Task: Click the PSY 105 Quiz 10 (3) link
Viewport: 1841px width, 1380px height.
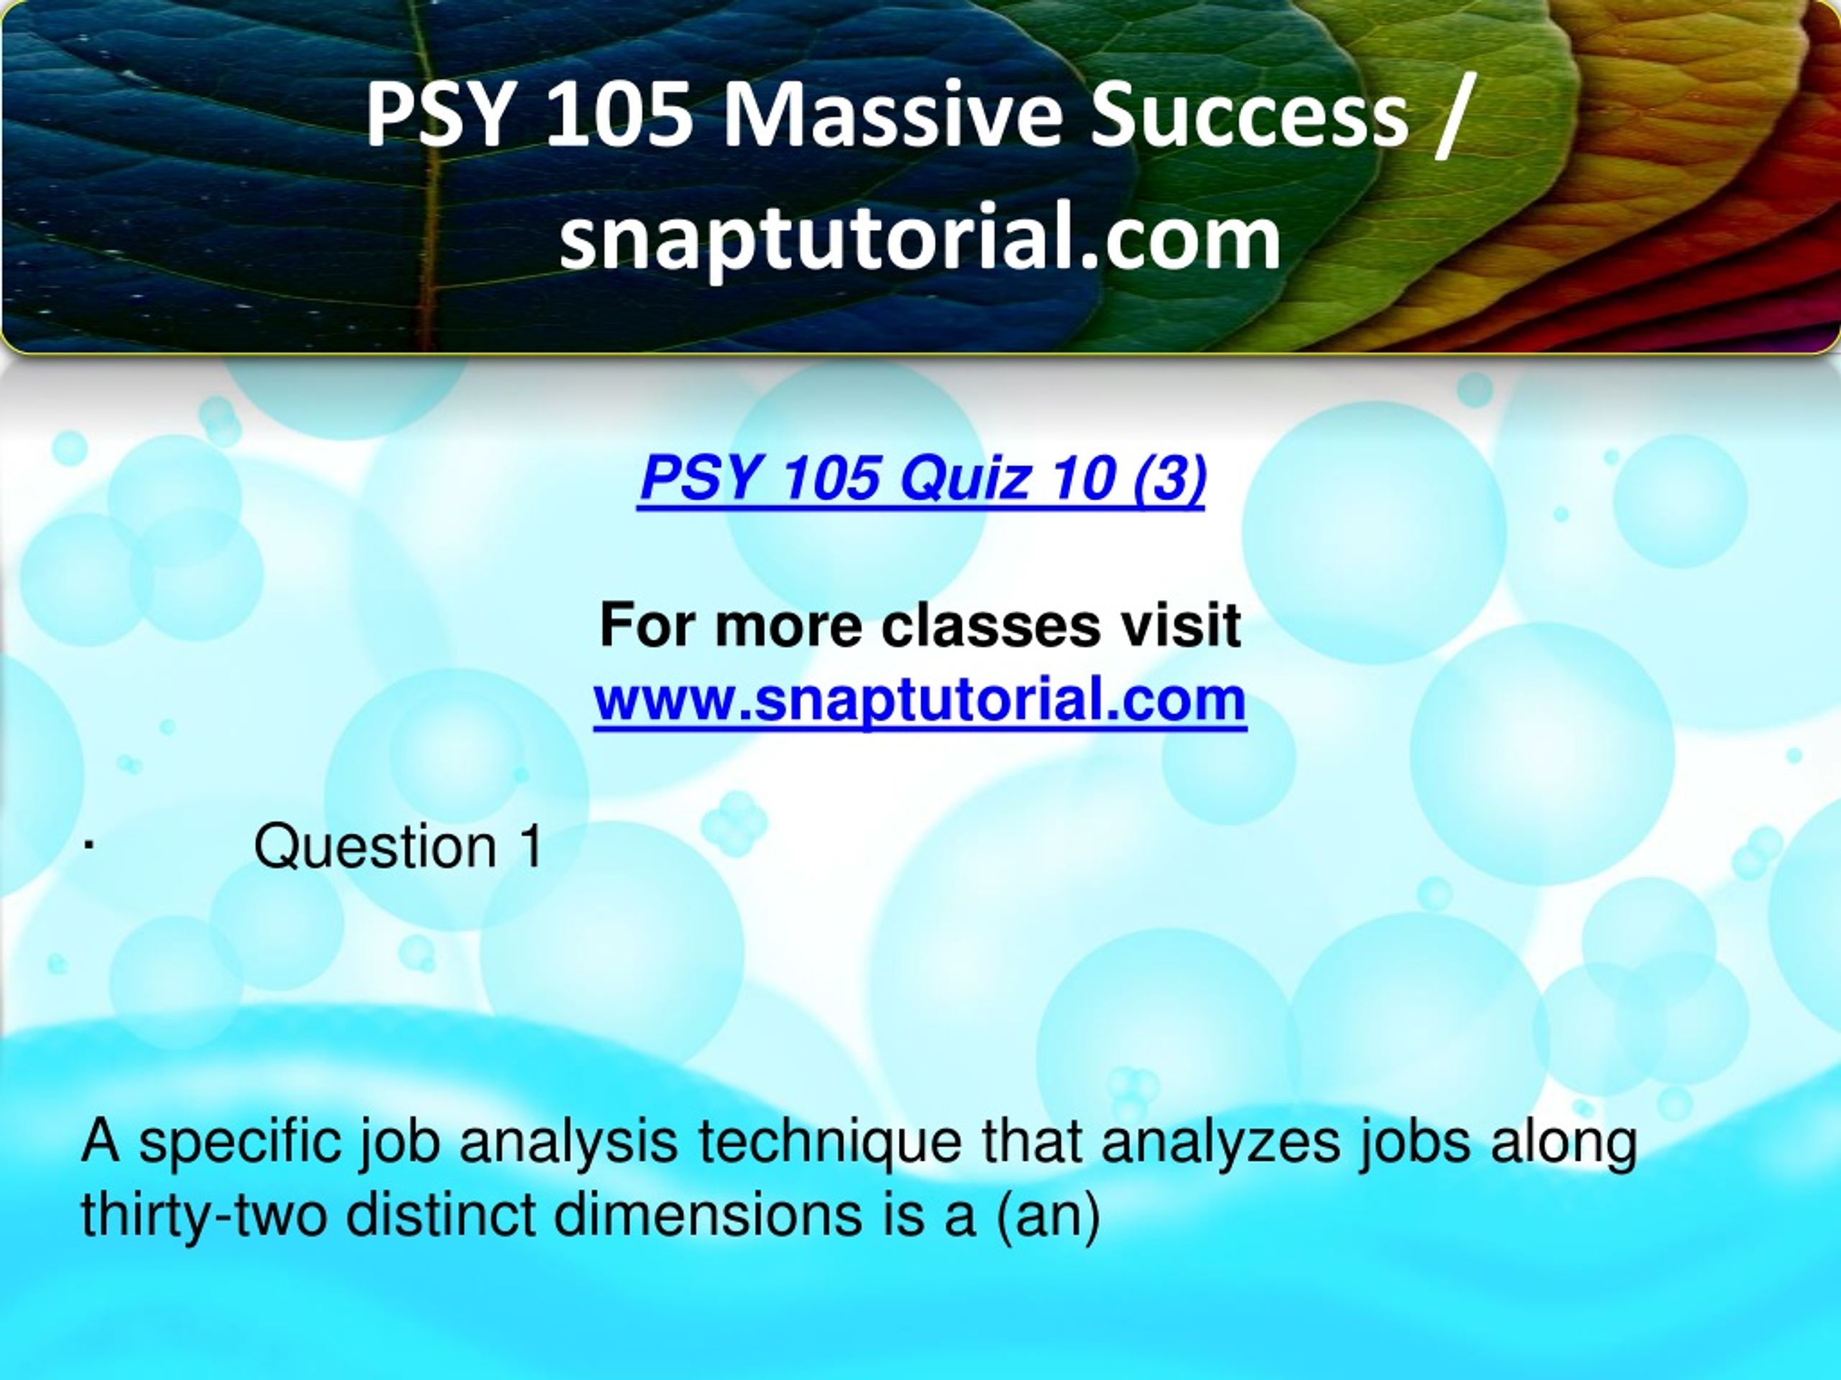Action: (x=921, y=481)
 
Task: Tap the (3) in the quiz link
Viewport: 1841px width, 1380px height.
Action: (x=1169, y=481)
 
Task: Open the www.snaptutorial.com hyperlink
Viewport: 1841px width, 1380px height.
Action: (x=920, y=699)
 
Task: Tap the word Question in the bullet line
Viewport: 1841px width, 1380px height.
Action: (x=375, y=847)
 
